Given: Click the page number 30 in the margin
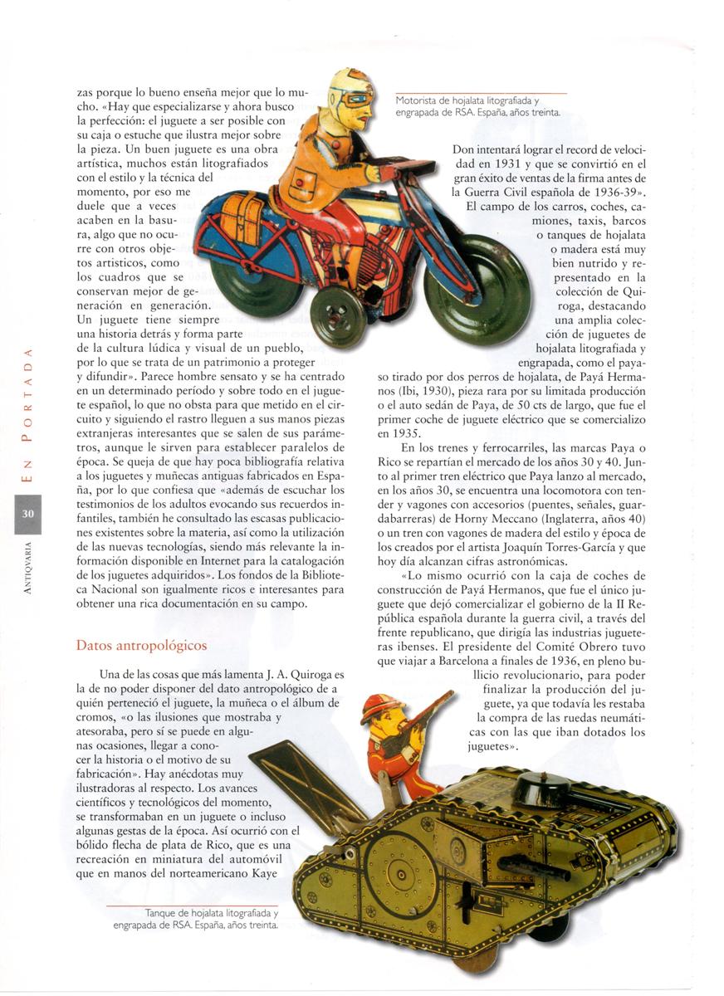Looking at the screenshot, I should (x=27, y=515).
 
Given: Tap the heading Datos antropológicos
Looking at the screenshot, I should (x=142, y=645).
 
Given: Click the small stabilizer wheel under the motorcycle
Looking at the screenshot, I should (x=338, y=316).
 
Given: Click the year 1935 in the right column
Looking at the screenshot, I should (x=394, y=432).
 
